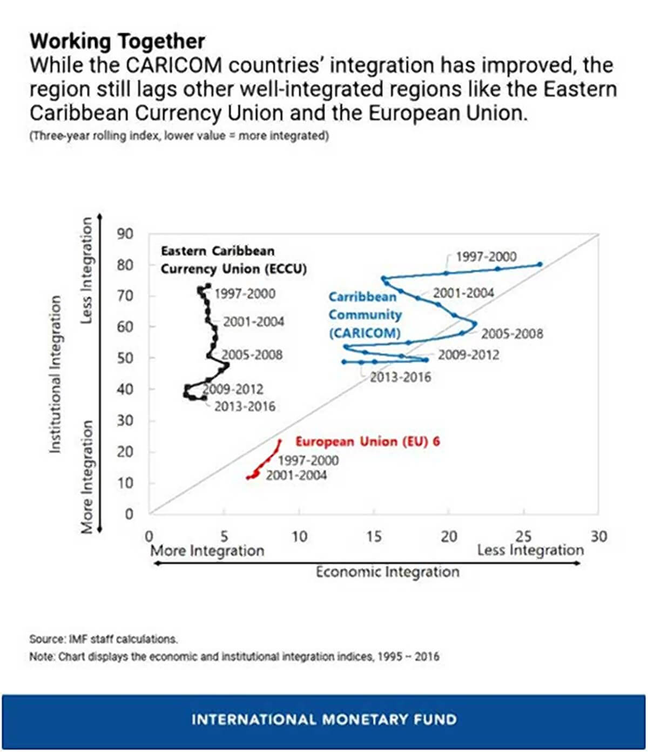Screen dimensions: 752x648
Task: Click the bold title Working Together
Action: click(117, 42)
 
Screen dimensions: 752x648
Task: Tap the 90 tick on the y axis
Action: click(125, 234)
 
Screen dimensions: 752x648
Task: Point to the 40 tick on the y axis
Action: click(125, 389)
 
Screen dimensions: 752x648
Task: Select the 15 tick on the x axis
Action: click(374, 536)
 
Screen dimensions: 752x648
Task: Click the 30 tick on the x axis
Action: click(598, 536)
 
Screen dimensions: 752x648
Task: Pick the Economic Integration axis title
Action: click(387, 572)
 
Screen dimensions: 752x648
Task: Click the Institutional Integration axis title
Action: click(55, 374)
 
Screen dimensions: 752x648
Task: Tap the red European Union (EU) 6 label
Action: click(367, 441)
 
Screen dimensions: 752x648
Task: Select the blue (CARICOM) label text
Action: click(364, 333)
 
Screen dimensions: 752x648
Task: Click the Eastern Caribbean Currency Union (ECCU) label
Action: click(233, 260)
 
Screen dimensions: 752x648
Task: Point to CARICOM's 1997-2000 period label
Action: click(486, 257)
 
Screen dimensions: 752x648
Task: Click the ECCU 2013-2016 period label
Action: click(245, 406)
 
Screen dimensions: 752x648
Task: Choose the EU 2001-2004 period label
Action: click(296, 475)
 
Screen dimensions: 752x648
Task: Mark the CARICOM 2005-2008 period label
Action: click(512, 334)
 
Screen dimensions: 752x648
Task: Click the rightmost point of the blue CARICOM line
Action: click(539, 264)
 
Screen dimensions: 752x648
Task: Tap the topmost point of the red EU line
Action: click(280, 441)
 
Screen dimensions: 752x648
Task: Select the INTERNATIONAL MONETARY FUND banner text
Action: click(324, 720)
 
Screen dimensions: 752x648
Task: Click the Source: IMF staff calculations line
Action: click(103, 639)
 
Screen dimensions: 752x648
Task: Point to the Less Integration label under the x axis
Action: click(530, 550)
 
